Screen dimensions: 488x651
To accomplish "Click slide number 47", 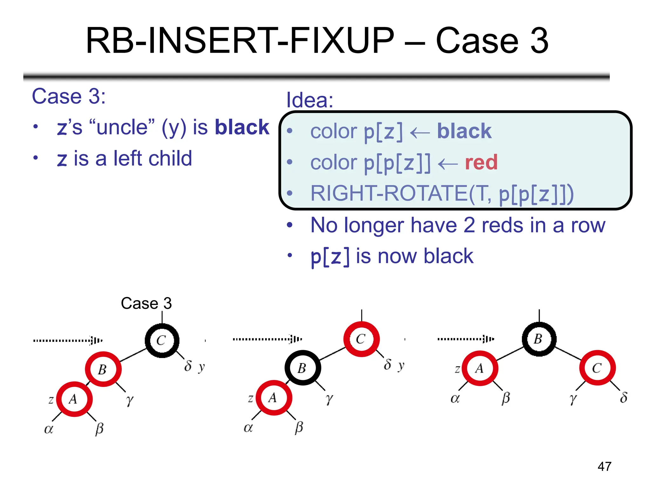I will tap(604, 466).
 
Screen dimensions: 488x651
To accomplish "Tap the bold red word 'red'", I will tap(481, 162).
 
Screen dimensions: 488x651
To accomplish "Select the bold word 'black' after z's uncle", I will tap(242, 127).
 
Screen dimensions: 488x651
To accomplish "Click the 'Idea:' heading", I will tap(310, 100).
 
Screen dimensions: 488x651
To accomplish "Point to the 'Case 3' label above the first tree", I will tap(146, 303).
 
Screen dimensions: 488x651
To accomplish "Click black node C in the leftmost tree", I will tap(162, 341).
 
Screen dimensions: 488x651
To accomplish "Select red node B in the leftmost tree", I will tap(103, 369).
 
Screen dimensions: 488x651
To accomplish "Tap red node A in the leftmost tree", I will tap(74, 399).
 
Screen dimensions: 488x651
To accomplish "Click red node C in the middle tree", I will tap(361, 339).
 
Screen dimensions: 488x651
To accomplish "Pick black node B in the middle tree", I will tap(302, 368).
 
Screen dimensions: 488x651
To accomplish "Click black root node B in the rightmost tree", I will tap(539, 339).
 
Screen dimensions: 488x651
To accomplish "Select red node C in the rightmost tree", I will tap(597, 368).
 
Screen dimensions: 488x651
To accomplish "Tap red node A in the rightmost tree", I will tap(480, 369).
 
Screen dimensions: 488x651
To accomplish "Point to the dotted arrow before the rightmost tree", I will tap(466, 339).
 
